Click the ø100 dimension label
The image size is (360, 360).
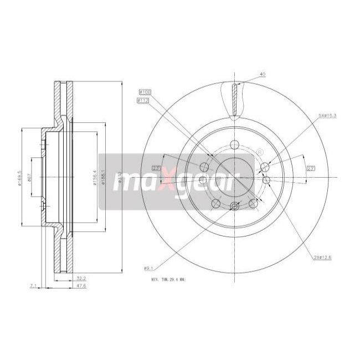pos(145,92)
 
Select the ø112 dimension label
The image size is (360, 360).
pos(145,100)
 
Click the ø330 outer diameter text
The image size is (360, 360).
pos(120,177)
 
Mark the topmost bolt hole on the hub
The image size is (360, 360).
pos(234,145)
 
